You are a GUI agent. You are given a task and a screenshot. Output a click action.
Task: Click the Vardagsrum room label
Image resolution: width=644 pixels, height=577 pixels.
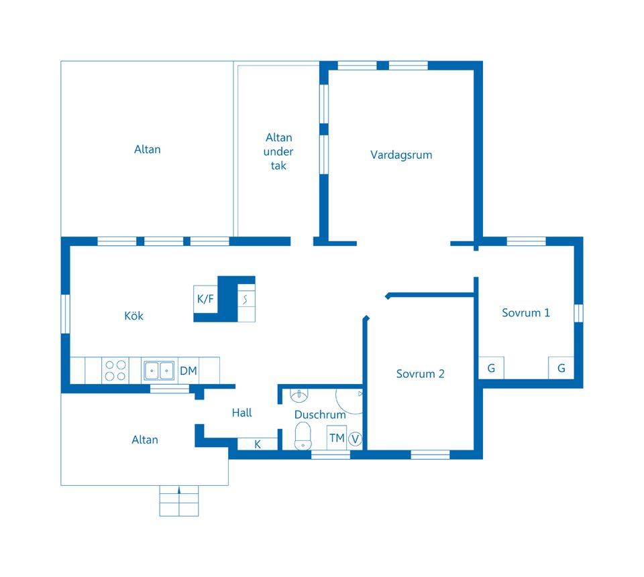pos(401,155)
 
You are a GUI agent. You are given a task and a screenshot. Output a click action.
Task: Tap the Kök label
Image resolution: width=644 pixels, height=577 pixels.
pos(134,316)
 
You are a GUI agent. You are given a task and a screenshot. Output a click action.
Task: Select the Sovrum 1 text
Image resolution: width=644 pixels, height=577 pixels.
pos(526,313)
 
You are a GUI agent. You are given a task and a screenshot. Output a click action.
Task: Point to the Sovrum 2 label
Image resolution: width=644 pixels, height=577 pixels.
pos(420,374)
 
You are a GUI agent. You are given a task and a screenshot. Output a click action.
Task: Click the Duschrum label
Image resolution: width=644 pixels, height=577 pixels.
pos(320,414)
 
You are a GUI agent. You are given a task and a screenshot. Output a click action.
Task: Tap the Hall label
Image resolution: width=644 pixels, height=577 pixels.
pos(241,412)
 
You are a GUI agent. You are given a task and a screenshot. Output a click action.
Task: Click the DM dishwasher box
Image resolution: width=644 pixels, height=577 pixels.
pos(189,371)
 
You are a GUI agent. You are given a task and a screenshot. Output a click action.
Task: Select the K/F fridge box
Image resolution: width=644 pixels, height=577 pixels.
pos(205,299)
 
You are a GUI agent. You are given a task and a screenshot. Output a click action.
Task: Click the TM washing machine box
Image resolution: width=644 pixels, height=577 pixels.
pos(337,438)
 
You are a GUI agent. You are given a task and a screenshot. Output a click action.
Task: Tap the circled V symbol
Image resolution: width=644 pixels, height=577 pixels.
pos(355,440)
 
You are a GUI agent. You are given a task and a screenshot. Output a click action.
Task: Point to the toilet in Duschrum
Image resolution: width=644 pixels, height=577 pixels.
pos(303,436)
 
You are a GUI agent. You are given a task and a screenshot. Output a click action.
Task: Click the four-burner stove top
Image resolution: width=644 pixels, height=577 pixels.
pos(115,371)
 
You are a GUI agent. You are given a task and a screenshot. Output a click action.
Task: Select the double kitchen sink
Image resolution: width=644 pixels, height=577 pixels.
pos(158,371)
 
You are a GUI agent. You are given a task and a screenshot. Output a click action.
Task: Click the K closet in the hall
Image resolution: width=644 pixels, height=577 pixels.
pos(258,444)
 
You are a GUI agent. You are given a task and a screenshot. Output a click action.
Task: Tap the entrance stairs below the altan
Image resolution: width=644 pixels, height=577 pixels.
pos(179,501)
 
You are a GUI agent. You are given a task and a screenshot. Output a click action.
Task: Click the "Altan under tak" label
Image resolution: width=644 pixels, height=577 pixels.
pos(278,151)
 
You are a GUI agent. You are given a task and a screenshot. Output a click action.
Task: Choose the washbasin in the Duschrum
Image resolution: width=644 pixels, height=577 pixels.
pos(299,395)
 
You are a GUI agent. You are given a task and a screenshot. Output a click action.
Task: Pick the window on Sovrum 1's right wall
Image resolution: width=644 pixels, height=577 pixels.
pos(578,313)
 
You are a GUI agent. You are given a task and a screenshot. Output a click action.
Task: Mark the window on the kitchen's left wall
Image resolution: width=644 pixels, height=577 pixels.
pos(65,314)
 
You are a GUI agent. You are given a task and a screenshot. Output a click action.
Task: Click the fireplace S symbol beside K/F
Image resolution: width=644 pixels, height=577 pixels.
pos(246,300)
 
